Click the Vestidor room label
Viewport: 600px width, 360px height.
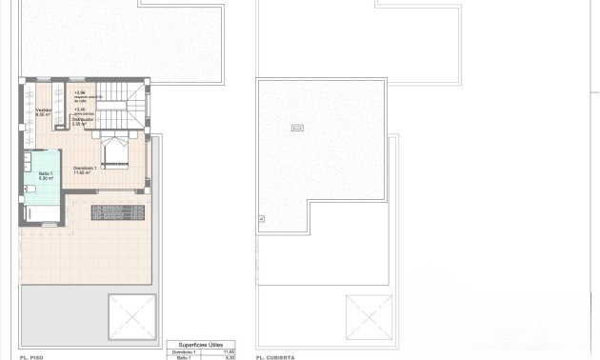(43, 111)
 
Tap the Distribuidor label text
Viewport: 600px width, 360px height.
(82, 120)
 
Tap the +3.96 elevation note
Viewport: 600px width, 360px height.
(79, 92)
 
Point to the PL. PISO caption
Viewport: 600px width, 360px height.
(32, 356)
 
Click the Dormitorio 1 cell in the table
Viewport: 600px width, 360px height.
(184, 351)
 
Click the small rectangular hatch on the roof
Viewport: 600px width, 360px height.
(295, 128)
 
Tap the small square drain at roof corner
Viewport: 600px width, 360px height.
(261, 219)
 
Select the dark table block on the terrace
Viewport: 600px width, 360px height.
(118, 211)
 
